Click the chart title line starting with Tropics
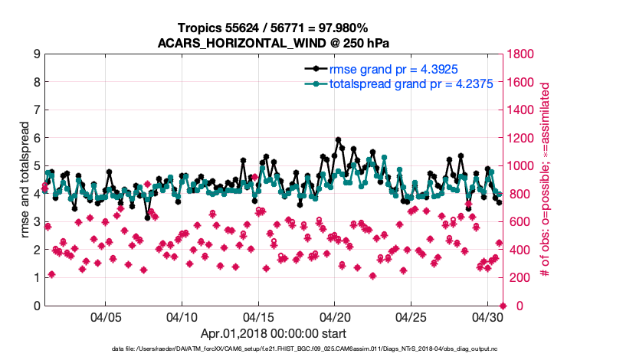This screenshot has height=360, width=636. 274,28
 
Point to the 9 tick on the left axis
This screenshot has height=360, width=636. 37,54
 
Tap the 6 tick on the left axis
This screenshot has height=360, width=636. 37,138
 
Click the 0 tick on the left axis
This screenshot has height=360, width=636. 37,306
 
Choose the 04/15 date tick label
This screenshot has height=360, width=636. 258,317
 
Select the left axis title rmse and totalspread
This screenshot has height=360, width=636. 24,180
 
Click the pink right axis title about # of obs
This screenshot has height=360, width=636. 546,180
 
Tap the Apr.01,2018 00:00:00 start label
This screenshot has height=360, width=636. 274,333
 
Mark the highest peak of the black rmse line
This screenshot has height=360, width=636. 338,140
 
